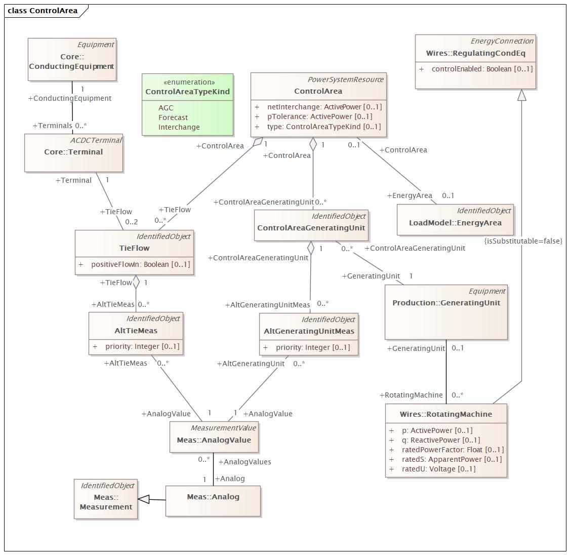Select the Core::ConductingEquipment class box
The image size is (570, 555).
pos(72,59)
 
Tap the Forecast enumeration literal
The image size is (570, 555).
pos(173,117)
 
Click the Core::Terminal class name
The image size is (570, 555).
pos(73,152)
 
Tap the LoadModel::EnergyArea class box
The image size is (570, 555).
pos(455,220)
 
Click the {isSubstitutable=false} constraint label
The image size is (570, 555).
pos(523,241)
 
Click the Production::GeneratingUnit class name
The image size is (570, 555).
pos(446,303)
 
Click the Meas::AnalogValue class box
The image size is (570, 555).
pos(214,437)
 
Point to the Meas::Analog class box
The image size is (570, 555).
pos(213,501)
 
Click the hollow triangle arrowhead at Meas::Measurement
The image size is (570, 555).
pos(144,499)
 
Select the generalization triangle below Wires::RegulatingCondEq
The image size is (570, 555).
pos(521,95)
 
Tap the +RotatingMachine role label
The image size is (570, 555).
pos(411,395)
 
